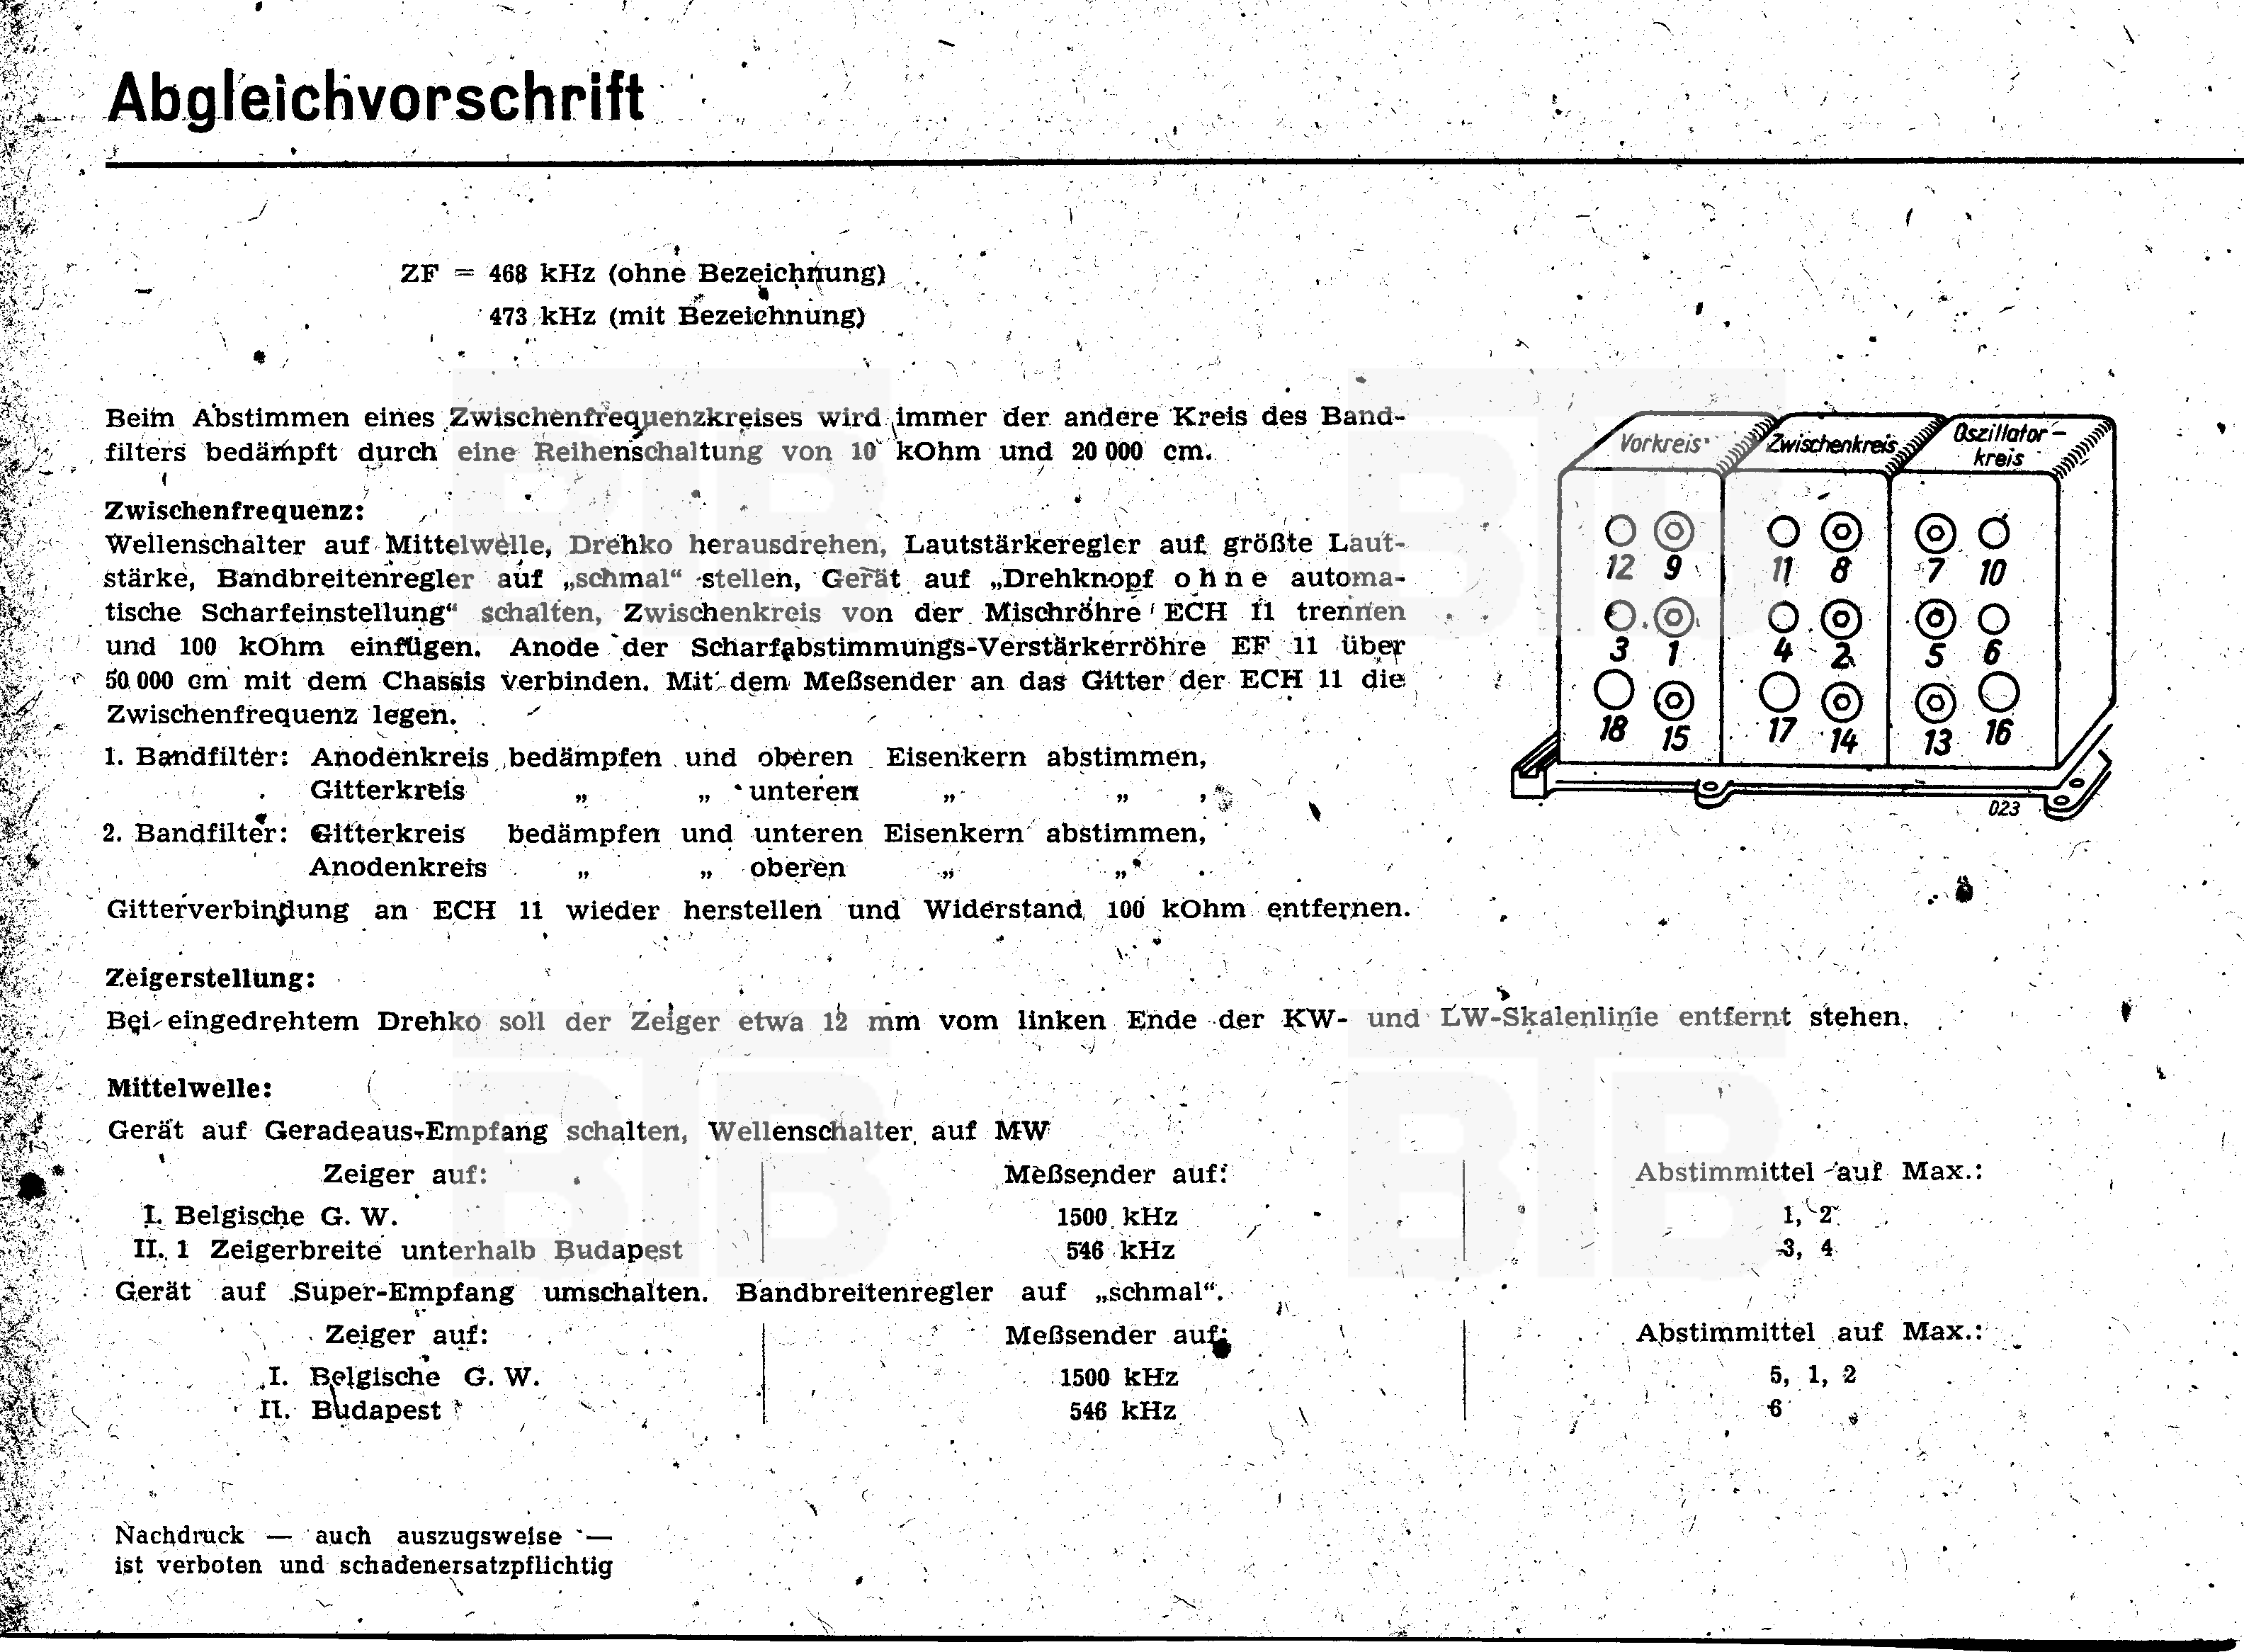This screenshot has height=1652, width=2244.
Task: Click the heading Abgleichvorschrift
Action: click(x=376, y=100)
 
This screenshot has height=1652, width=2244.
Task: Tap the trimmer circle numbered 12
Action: click(x=1620, y=530)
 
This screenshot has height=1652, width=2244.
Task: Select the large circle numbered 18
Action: click(x=1615, y=691)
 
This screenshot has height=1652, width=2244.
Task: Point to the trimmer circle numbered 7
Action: click(x=1936, y=534)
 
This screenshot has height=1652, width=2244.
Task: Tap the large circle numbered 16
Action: click(x=1998, y=692)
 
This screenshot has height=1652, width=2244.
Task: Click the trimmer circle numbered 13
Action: click(x=1936, y=703)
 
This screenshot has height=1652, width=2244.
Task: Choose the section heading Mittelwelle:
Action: click(x=190, y=1088)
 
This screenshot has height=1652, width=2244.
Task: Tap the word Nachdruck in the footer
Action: click(x=180, y=1535)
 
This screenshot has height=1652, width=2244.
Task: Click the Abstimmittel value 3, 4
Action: click(x=1807, y=1248)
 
